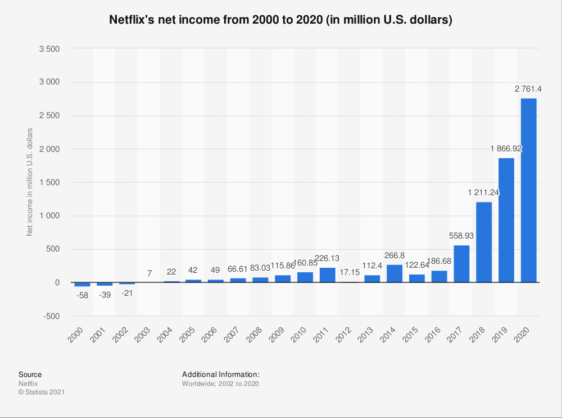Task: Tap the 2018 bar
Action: pyautogui.click(x=484, y=242)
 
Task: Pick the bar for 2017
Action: pyautogui.click(x=461, y=264)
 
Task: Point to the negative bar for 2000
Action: pyautogui.click(x=82, y=284)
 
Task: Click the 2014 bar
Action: pyautogui.click(x=395, y=273)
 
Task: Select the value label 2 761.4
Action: pyautogui.click(x=528, y=89)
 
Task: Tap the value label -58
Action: pyautogui.click(x=82, y=295)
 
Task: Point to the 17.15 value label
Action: pyautogui.click(x=350, y=272)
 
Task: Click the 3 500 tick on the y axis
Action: pyautogui.click(x=49, y=49)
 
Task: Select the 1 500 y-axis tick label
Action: pyautogui.click(x=49, y=182)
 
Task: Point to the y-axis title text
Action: pyautogui.click(x=30, y=182)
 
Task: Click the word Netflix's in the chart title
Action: pyautogui.click(x=135, y=20)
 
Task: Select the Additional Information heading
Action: pyautogui.click(x=220, y=374)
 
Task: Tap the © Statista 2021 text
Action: pyautogui.click(x=42, y=393)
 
